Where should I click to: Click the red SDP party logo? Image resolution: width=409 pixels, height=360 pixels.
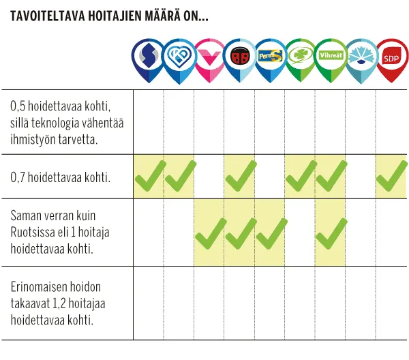(x=391, y=59)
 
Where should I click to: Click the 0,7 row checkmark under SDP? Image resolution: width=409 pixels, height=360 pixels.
(x=391, y=176)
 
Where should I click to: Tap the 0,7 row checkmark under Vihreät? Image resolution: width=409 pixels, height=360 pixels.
(x=331, y=176)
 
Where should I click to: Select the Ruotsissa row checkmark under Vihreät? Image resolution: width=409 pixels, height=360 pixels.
(x=331, y=232)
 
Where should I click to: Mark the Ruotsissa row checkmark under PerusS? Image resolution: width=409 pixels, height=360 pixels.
(x=270, y=232)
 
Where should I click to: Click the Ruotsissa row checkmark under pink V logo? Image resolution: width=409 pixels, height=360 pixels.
(x=209, y=232)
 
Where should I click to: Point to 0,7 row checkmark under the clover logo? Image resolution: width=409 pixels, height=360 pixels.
(x=300, y=176)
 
